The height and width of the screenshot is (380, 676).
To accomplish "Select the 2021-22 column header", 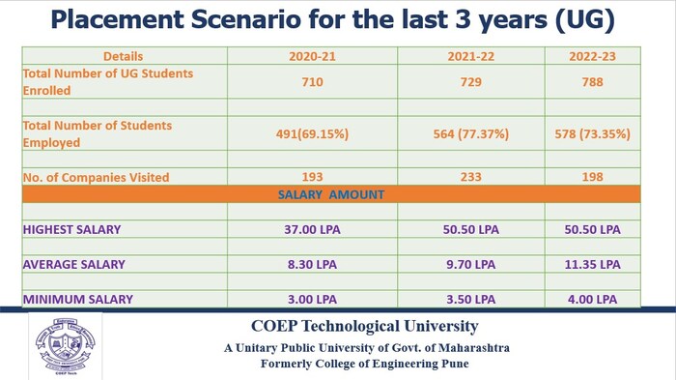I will (x=470, y=56).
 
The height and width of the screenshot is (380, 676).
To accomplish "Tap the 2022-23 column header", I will (x=592, y=56).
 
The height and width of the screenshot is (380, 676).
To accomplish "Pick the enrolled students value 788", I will (x=592, y=82).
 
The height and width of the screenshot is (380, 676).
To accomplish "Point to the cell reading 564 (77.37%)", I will (x=470, y=133).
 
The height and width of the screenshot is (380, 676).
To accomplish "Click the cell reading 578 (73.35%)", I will (x=592, y=133).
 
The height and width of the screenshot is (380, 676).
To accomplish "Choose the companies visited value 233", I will (x=470, y=177).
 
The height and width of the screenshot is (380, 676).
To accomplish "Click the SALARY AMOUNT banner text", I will (x=331, y=194).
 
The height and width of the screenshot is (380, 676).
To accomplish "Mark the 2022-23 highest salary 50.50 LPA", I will (x=592, y=229).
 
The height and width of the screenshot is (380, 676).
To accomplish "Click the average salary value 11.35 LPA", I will (x=592, y=264).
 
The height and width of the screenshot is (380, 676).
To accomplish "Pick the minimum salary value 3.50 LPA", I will (x=470, y=299).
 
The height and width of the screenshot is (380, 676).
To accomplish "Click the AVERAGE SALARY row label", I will (x=74, y=264).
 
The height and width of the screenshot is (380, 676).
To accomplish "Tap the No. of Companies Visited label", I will (x=96, y=177).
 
